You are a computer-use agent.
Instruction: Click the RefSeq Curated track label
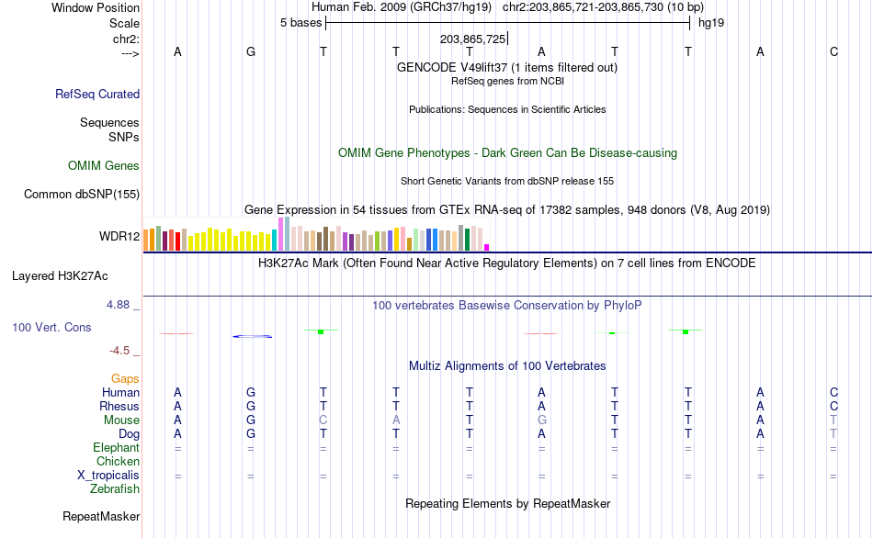pos(97,94)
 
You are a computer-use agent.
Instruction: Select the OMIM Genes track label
pos(104,166)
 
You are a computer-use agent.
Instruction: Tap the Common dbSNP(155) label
pos(82,194)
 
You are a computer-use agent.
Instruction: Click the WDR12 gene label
pos(119,237)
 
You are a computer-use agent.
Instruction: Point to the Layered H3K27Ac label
pos(66,275)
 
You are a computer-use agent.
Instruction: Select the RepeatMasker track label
pos(100,517)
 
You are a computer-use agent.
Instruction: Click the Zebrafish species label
pos(116,489)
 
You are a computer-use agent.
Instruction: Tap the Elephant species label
pos(116,448)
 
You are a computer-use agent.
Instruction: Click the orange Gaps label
pos(125,378)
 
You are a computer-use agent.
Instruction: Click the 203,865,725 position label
pos(472,39)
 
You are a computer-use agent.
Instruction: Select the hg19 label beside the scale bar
pos(711,23)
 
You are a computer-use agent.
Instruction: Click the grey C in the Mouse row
pos(323,420)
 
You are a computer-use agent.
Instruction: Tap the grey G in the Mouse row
pos(542,420)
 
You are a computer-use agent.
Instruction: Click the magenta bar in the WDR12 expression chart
pos(487,246)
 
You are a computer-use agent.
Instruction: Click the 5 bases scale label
pos(300,23)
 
